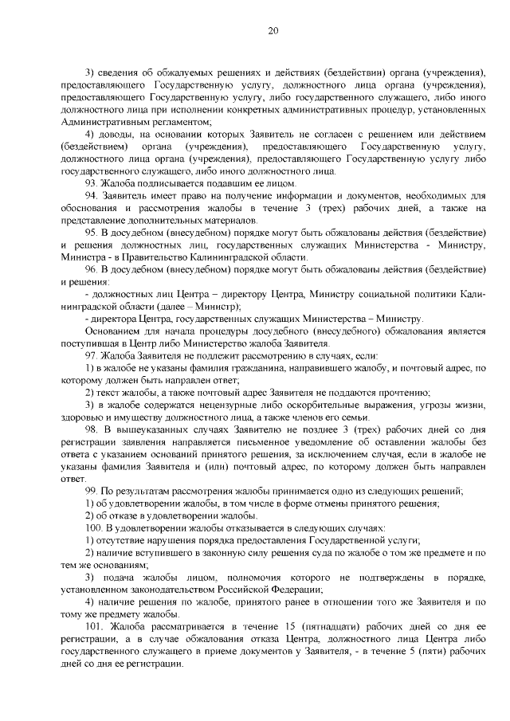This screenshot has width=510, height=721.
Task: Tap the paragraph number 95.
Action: [92, 232]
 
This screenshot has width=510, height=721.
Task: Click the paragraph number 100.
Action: [95, 528]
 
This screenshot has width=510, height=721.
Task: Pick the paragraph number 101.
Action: [95, 627]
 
